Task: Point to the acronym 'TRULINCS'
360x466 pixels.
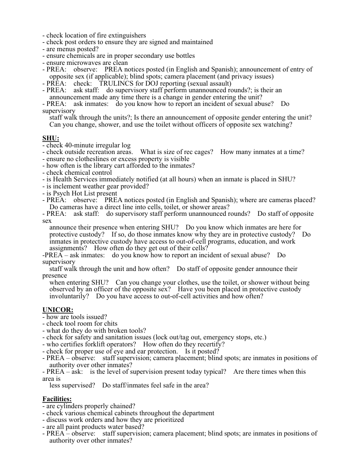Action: tap(115, 83)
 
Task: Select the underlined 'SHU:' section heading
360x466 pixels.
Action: tap(51, 138)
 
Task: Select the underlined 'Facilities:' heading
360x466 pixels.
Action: tap(60, 399)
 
